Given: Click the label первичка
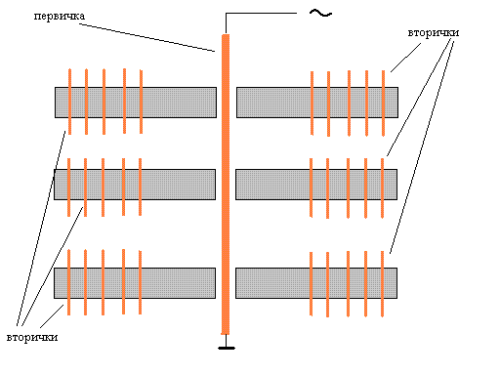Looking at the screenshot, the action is tap(60, 17).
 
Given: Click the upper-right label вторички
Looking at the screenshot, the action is tap(434, 33).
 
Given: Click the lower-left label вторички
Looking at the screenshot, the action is tap(32, 337).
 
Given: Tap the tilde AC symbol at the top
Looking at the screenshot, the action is tap(320, 14).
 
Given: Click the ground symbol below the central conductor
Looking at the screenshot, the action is tap(227, 348).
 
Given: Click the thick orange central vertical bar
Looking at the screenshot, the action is tap(226, 185).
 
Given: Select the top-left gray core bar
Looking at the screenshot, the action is tap(136, 103).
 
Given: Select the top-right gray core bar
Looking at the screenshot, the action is tap(317, 103).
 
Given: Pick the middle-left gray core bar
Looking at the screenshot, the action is tap(135, 185).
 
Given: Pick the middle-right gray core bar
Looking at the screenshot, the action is tap(316, 185).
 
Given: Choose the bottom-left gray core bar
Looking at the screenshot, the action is tap(135, 283).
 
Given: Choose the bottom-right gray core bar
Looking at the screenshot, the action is tap(316, 283).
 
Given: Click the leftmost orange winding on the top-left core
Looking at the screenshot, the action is tap(69, 102).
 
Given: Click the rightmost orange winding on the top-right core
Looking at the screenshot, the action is tap(383, 104).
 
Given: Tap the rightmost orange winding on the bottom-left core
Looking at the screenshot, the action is tap(141, 282).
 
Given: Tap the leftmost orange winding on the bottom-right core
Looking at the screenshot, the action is tap(312, 284).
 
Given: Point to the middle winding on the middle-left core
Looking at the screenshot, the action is tap(103, 187).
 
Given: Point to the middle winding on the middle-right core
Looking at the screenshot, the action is tap(349, 188).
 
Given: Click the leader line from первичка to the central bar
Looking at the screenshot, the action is tap(146, 37).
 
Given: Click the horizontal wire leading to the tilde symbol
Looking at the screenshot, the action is tap(261, 14).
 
